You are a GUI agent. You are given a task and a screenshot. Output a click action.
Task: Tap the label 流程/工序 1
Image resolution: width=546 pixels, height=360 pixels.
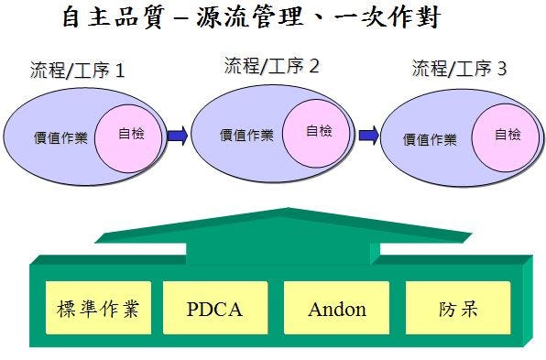tap(77, 70)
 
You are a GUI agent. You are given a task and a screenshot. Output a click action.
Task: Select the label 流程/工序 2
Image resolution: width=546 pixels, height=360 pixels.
tap(271, 65)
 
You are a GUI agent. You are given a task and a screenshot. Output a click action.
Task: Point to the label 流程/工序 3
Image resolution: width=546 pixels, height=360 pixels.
tap(459, 68)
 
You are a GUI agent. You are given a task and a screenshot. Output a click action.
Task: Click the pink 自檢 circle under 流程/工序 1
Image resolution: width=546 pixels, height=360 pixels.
tap(128, 139)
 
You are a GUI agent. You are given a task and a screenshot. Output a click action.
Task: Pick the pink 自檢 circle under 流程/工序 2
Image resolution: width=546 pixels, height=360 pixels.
tap(316, 134)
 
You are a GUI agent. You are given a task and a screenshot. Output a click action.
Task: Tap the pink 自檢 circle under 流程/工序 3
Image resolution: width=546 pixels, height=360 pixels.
tap(506, 138)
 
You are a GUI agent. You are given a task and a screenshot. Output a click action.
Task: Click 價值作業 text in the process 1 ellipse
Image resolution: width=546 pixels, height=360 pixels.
tap(60, 138)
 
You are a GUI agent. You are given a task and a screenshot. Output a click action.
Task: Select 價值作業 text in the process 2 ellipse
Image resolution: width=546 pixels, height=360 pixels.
tap(246, 135)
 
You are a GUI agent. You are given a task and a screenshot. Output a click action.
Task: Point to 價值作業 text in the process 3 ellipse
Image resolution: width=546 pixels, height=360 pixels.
tap(430, 139)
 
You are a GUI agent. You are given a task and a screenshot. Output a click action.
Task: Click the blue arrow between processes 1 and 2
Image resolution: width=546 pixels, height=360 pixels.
tap(178, 135)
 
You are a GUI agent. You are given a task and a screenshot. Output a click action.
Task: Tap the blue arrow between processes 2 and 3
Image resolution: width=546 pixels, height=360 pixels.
tap(369, 135)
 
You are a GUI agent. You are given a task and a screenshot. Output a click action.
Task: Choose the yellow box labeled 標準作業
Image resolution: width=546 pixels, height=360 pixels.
tap(99, 308)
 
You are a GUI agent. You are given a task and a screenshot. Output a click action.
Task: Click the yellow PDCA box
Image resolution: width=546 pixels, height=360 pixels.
tap(215, 308)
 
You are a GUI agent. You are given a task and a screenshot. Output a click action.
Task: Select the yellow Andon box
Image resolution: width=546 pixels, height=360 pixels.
tap(337, 308)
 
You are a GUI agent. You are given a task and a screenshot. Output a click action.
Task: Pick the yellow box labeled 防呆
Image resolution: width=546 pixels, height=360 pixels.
tap(458, 308)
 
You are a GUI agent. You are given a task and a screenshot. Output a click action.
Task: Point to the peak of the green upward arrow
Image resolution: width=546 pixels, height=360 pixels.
tap(289, 208)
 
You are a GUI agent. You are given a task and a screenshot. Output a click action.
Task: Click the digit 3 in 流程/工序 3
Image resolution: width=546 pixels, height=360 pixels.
tap(502, 69)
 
